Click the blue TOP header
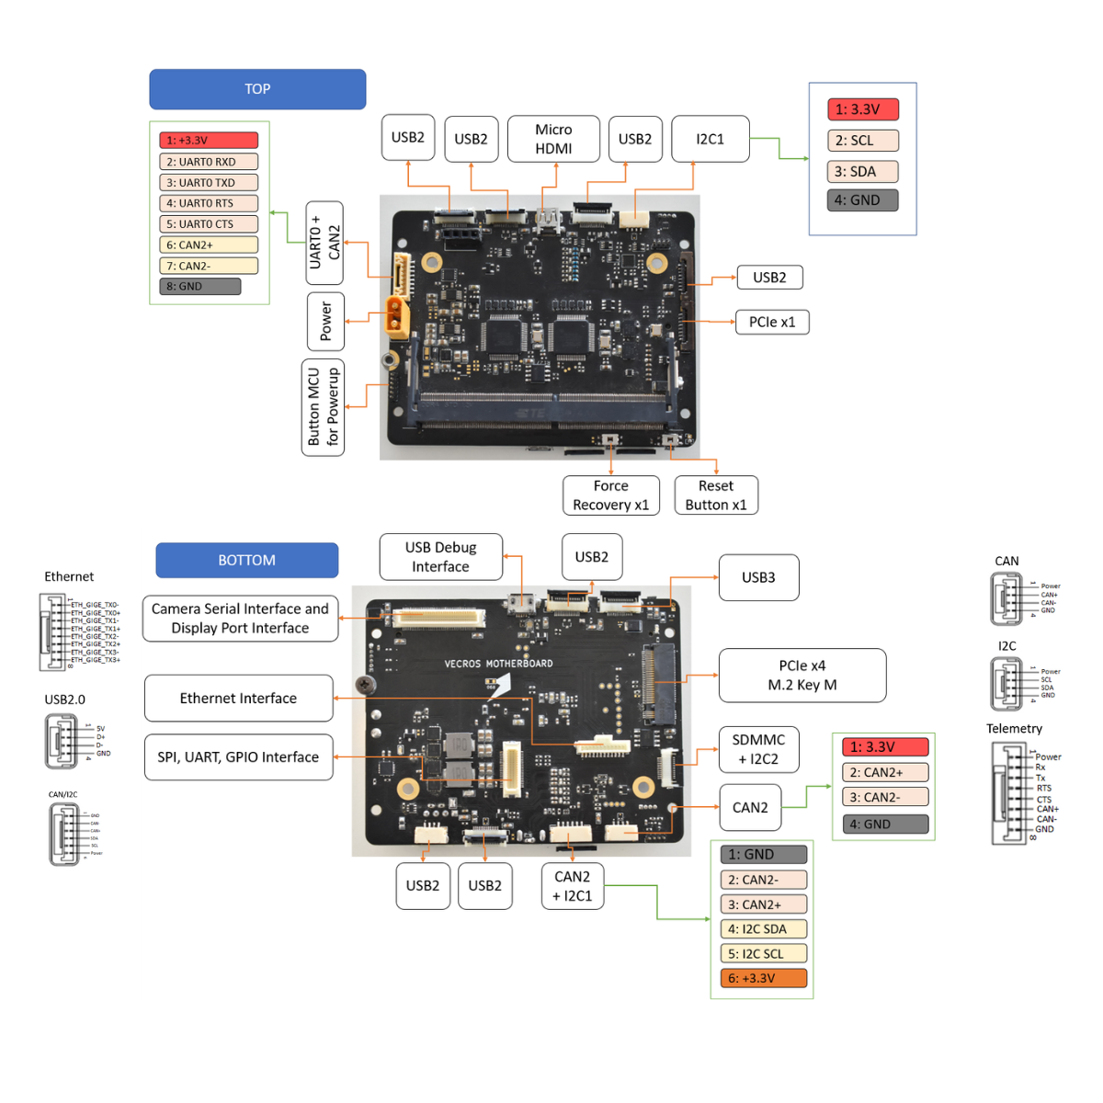tap(257, 89)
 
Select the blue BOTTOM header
tap(246, 560)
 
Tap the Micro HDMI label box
tap(553, 139)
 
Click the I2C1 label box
tap(710, 139)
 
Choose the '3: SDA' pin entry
tap(862, 171)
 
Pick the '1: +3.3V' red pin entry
tap(209, 141)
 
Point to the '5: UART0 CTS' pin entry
tap(209, 224)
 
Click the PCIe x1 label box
tap(772, 322)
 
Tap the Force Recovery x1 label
tap(610, 495)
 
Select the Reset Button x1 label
tap(716, 495)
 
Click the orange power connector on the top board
tap(397, 316)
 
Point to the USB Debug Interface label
tap(440, 557)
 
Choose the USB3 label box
tap(758, 577)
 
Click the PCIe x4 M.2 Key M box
tap(802, 676)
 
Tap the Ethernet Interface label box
tap(238, 699)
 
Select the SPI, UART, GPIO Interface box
tap(238, 757)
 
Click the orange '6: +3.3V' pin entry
tap(763, 978)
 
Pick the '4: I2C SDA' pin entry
tap(763, 929)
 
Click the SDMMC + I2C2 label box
tap(758, 749)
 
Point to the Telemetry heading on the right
tap(1014, 729)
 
